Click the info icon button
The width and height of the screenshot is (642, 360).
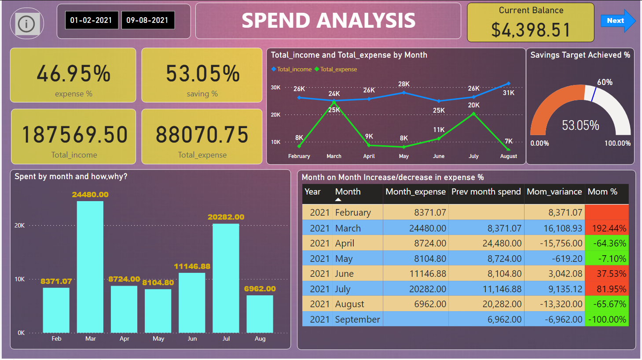(27, 24)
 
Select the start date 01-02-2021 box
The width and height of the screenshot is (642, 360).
(92, 20)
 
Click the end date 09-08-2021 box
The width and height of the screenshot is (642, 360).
(147, 20)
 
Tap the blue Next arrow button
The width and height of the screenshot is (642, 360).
(617, 21)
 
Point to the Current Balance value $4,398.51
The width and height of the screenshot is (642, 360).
(531, 30)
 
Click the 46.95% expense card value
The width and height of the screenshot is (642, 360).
(73, 73)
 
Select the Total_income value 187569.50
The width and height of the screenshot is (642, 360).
(74, 135)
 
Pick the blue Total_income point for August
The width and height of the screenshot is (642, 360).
(508, 83)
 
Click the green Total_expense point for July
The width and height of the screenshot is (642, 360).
(473, 114)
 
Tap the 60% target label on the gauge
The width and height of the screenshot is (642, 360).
(605, 82)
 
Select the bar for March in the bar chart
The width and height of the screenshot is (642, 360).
(90, 266)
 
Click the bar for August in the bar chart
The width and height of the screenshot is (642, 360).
(260, 313)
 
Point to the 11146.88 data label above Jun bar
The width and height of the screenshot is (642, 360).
(192, 266)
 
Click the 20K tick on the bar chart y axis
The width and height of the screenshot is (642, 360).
(19, 225)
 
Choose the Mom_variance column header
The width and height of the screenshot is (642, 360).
(554, 192)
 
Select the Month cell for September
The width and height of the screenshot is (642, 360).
(357, 320)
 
